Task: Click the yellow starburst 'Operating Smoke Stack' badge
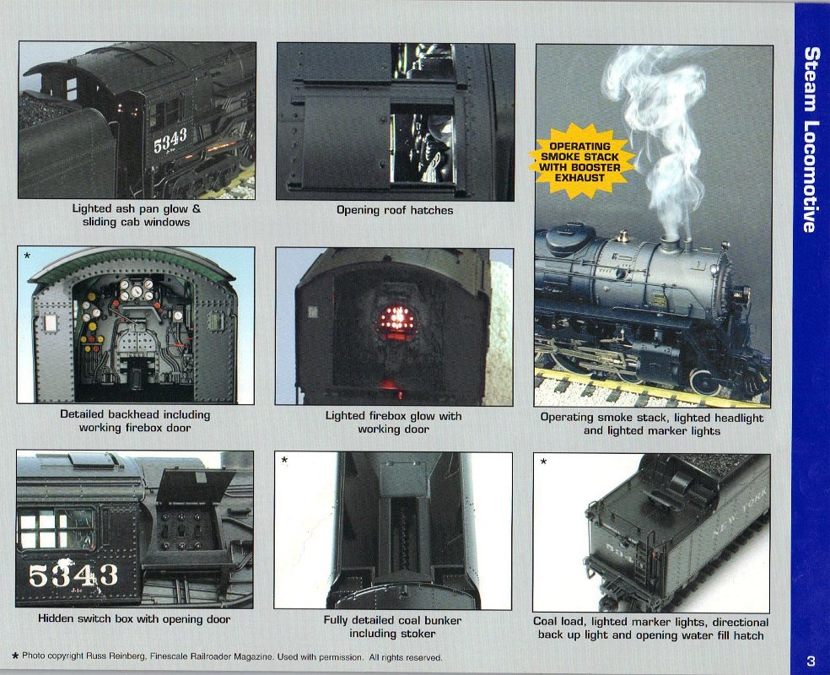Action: (x=580, y=161)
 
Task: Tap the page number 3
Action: (x=811, y=661)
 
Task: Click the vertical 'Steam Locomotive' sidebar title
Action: (x=811, y=140)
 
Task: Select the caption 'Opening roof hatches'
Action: (x=395, y=210)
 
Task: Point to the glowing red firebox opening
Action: (x=395, y=320)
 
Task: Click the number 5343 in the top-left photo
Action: (x=170, y=140)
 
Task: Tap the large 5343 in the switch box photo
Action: (x=73, y=575)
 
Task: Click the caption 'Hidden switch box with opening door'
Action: (x=134, y=618)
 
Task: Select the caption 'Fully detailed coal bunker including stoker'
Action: (x=392, y=627)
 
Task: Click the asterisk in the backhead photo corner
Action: (x=27, y=256)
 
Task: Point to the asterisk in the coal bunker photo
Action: (x=284, y=461)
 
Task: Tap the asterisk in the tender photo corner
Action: (x=543, y=462)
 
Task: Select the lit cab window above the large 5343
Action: (x=57, y=528)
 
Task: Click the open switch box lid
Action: (x=196, y=485)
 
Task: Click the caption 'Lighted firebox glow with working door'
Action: (x=393, y=423)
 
